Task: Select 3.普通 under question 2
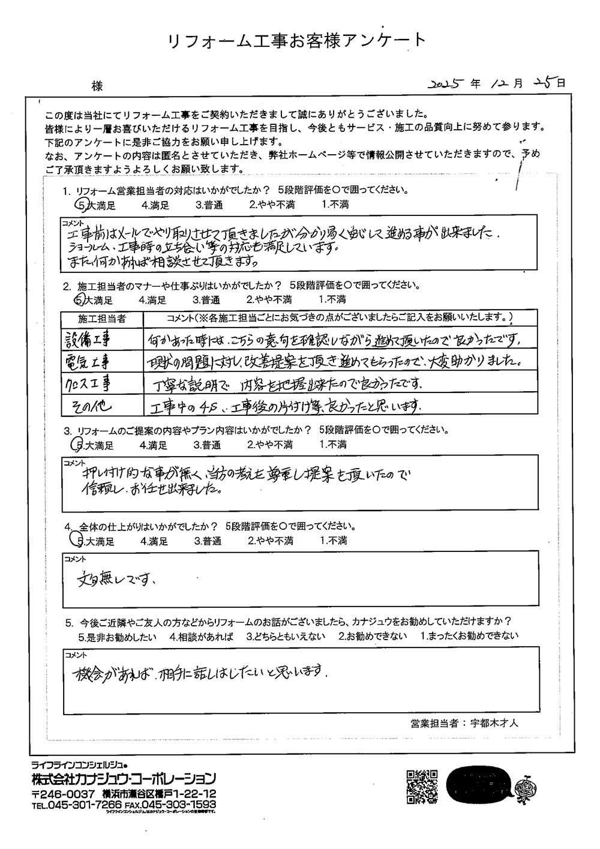click(x=206, y=299)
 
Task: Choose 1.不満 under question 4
click(x=334, y=541)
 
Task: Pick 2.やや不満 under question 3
click(x=269, y=445)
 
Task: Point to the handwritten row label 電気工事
click(x=88, y=361)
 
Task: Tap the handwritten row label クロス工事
click(x=89, y=383)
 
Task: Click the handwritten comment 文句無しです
click(x=118, y=580)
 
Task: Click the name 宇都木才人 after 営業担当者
click(x=493, y=723)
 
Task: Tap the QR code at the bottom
click(x=422, y=787)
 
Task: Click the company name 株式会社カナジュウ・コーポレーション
click(x=124, y=779)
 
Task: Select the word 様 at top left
click(x=97, y=86)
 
